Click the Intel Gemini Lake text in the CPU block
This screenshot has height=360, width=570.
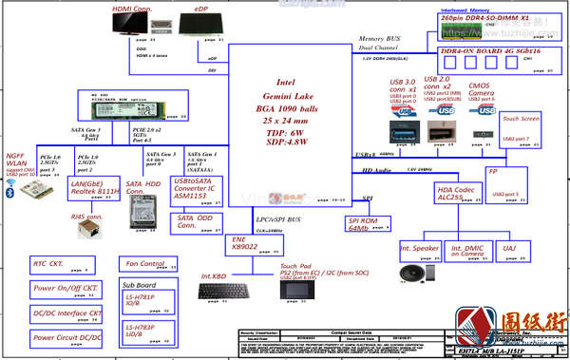point(290,90)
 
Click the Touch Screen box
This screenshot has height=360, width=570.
point(522,120)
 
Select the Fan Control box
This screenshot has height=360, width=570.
point(145,263)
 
